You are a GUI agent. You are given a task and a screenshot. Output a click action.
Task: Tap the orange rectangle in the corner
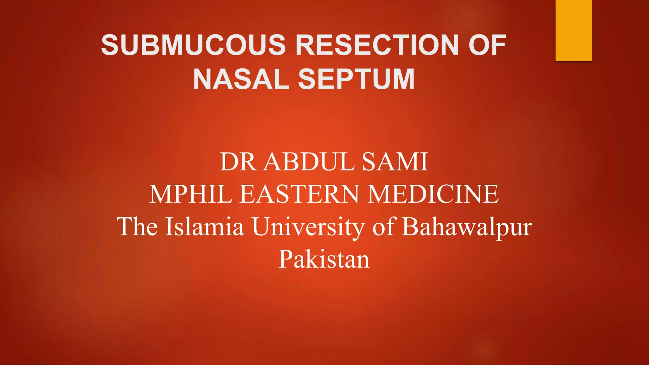coord(574,30)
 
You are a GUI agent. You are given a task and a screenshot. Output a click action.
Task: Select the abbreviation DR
coord(238,162)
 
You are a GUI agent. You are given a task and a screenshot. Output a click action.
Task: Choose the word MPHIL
coord(191,194)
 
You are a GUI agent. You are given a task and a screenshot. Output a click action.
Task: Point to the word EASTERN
coord(299,194)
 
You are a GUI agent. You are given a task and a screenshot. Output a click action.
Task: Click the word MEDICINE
coord(433,194)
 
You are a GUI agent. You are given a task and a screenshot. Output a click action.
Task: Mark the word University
coord(308,227)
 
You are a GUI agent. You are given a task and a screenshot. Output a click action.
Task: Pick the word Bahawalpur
coord(467,227)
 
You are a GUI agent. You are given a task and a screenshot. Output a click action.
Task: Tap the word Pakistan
coord(324,259)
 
